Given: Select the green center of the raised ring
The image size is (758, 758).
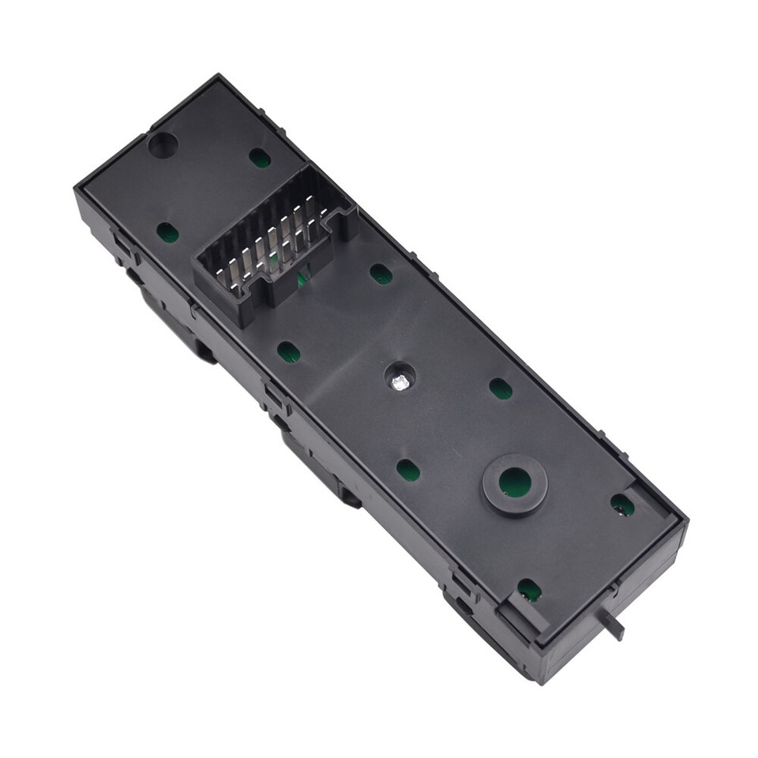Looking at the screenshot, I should coord(516,480).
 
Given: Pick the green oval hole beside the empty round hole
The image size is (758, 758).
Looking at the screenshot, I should coord(259,158).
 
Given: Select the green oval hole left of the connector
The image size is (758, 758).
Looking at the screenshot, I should coord(167,232).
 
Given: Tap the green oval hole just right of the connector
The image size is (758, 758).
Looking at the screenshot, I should coord(381,274).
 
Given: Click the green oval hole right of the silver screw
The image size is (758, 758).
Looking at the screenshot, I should coord(500,388).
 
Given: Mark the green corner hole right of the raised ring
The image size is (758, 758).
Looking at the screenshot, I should coord(622,505).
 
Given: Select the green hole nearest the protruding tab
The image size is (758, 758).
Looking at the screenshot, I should coord(528,589).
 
